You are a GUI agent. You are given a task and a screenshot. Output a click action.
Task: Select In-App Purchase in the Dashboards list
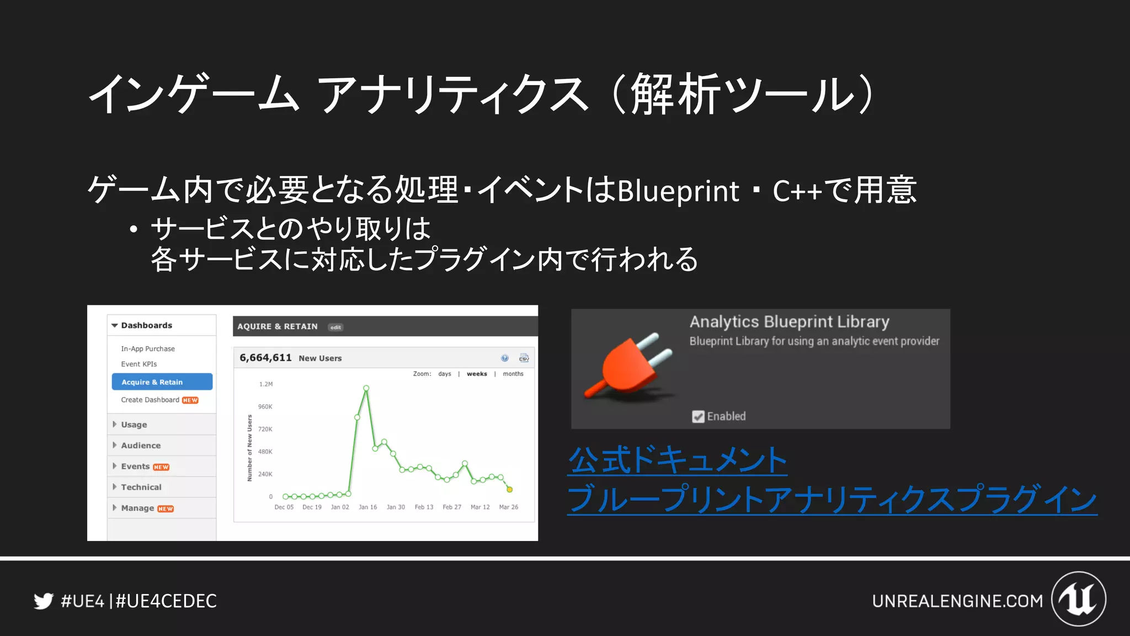coord(148,349)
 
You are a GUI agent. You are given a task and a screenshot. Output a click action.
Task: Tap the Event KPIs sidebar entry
coord(139,364)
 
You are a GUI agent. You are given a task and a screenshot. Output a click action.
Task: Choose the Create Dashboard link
coord(150,400)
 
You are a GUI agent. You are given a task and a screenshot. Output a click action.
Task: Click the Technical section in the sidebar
coord(141,487)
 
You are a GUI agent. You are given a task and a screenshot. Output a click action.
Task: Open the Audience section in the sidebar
coord(141,446)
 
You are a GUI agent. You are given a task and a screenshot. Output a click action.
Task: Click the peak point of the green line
coord(366,388)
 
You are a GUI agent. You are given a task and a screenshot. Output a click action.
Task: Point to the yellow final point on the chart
coord(510,490)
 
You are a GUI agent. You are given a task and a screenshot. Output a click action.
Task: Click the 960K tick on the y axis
coord(265,407)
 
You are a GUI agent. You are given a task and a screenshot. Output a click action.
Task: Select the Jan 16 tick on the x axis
coord(367,507)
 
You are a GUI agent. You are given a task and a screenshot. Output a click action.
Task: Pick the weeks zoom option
coord(477,374)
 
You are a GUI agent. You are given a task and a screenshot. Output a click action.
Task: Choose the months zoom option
coord(513,374)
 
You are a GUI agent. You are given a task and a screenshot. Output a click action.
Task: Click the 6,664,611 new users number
coord(265,358)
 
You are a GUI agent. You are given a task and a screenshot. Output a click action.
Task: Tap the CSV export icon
coord(524,358)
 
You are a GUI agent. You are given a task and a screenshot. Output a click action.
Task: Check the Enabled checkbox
coord(698,417)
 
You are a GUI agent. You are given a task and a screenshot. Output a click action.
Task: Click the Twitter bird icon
coord(43,601)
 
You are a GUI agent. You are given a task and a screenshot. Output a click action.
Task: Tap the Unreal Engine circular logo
coord(1079,599)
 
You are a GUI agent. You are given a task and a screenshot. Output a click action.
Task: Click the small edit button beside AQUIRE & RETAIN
coord(335,327)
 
